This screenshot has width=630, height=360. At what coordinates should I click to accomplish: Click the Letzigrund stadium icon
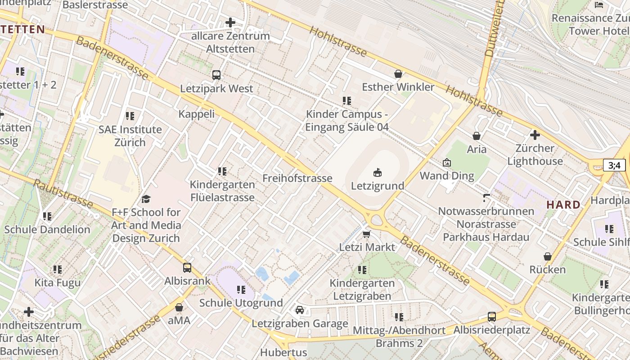(x=377, y=172)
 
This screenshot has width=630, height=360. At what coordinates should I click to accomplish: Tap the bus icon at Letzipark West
(x=216, y=75)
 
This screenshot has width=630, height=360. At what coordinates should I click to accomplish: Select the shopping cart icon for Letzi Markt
(x=367, y=234)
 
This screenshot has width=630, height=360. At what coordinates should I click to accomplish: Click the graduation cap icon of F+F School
(x=146, y=199)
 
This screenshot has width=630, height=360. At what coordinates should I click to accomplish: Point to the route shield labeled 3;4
(x=614, y=165)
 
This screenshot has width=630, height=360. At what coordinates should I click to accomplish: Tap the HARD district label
(x=563, y=205)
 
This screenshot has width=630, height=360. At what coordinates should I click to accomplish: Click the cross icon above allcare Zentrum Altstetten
(x=230, y=22)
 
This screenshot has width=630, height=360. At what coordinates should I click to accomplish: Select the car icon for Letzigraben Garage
(x=300, y=310)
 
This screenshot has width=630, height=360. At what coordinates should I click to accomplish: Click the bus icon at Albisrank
(x=187, y=268)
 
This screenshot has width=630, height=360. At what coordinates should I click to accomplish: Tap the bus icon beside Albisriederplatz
(x=492, y=317)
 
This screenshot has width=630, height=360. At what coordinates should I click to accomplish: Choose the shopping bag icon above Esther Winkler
(x=398, y=74)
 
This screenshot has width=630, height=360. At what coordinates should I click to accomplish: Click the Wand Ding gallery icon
(x=447, y=162)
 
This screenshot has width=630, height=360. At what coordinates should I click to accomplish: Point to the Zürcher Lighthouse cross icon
(x=535, y=135)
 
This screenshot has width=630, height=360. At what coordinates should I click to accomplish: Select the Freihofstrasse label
(x=297, y=178)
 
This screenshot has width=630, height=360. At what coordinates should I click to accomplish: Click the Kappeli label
(x=197, y=114)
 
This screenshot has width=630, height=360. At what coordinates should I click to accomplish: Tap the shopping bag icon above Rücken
(x=548, y=256)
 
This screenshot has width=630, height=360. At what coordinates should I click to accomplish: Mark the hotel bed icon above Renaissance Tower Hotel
(x=599, y=5)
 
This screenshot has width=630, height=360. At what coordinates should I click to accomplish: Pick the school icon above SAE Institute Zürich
(x=130, y=116)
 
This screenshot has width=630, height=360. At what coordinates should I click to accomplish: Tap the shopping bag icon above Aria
(x=477, y=136)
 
